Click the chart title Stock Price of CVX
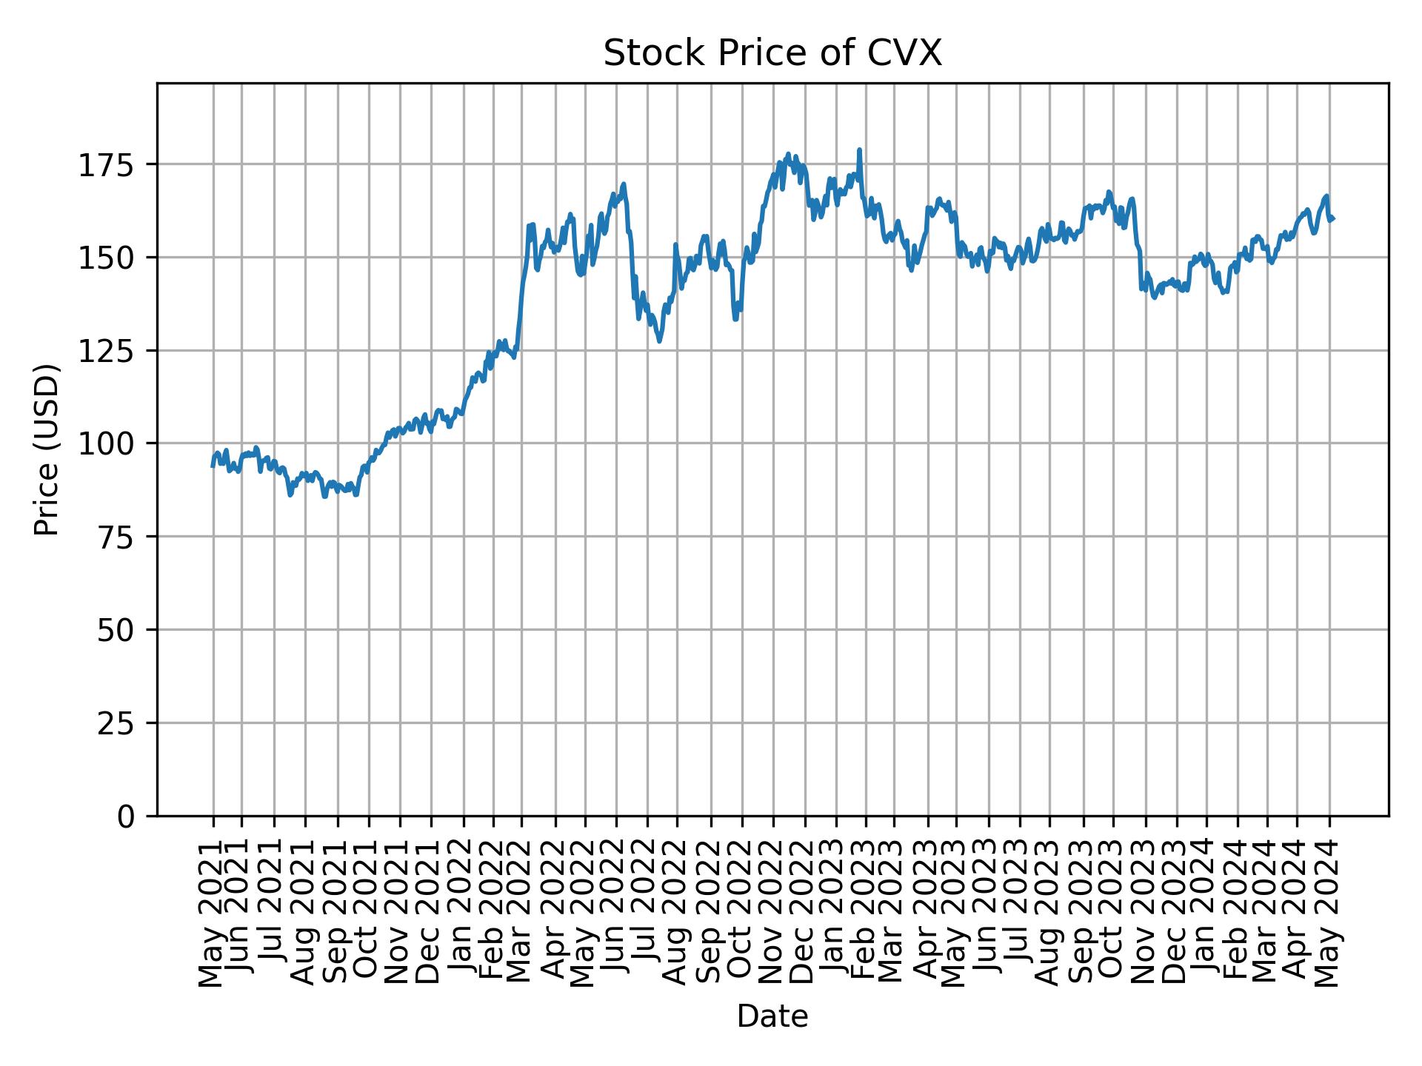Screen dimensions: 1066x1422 (x=772, y=53)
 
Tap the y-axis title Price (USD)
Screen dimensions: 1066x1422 (x=47, y=449)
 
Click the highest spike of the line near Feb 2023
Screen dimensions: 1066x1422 (x=859, y=150)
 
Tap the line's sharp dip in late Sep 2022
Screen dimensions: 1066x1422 (x=735, y=319)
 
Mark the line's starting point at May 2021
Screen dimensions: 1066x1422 (x=213, y=466)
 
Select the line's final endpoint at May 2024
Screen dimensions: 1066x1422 (x=1333, y=219)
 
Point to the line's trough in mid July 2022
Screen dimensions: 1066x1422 (x=659, y=341)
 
